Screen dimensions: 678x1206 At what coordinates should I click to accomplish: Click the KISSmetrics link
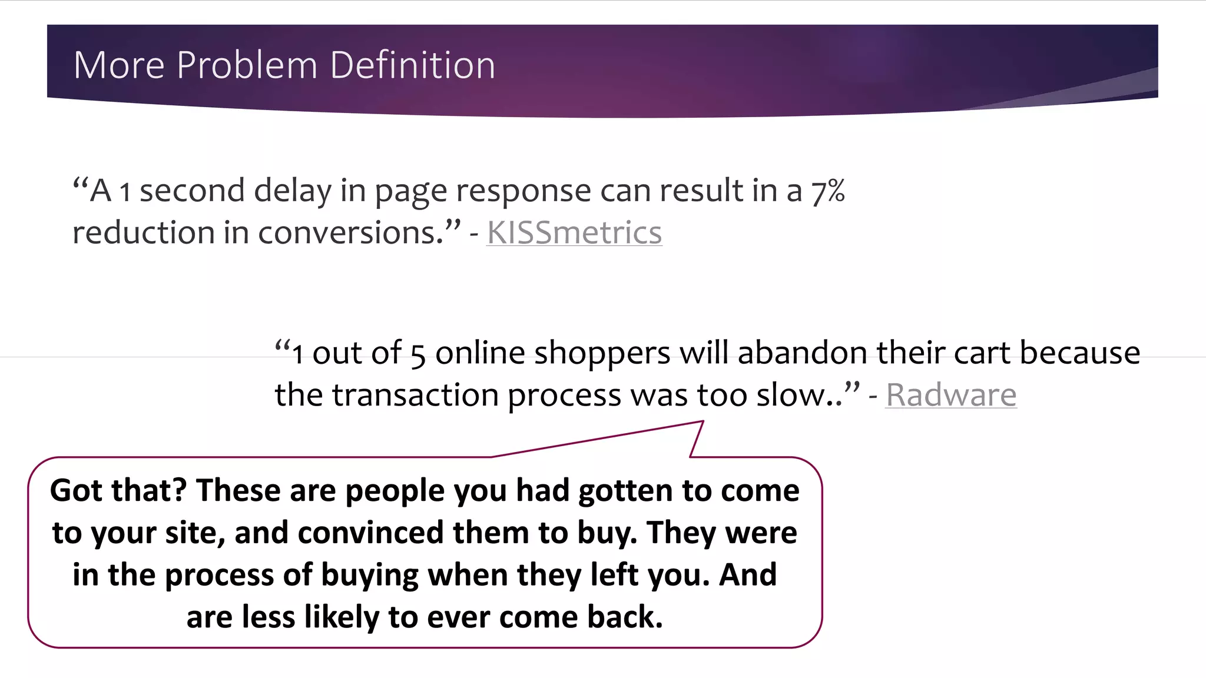[574, 232]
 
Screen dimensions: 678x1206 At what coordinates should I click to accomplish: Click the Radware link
[951, 394]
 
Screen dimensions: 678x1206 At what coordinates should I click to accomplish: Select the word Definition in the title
[412, 65]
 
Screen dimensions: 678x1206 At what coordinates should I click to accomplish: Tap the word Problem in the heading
[247, 65]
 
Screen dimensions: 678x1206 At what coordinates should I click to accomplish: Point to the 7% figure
[828, 191]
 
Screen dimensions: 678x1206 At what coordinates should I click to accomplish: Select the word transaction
[415, 395]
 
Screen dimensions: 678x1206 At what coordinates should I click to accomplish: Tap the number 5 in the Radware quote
[418, 355]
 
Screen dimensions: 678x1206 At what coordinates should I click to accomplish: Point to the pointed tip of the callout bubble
[703, 422]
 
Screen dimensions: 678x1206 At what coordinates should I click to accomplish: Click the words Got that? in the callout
[118, 491]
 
